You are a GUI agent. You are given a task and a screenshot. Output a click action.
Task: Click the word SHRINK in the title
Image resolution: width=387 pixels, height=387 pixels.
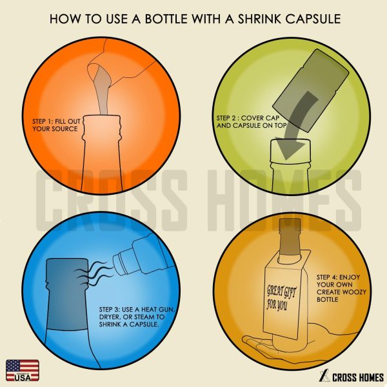point(260,19)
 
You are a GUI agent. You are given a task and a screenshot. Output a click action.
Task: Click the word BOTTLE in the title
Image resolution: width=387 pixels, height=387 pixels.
point(166,19)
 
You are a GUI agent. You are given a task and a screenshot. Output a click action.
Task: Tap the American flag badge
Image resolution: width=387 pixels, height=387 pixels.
point(23,370)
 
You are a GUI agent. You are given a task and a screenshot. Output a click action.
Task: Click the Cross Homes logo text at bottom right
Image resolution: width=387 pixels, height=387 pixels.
point(358,377)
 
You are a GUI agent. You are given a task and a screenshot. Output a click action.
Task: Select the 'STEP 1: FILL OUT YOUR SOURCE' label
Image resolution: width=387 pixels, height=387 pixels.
point(56,125)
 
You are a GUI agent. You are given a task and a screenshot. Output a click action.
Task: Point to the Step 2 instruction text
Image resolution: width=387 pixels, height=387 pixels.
point(252,122)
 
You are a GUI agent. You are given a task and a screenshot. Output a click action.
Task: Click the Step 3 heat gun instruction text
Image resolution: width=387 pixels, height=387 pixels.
point(137,317)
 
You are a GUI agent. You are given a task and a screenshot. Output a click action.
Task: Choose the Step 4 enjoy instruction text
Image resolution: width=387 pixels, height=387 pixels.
point(341,288)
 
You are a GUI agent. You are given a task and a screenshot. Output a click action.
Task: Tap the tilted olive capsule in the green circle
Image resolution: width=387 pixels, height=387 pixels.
point(311,90)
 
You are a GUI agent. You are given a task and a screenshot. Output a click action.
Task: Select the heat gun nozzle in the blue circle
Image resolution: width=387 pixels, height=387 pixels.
point(123,263)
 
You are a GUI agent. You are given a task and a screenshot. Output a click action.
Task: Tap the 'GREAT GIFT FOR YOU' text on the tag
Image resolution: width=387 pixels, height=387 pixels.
point(281,298)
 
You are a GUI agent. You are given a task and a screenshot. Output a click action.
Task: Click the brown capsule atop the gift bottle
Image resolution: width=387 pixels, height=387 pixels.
point(290,237)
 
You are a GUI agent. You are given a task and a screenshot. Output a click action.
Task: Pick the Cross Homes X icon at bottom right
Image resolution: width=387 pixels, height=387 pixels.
point(324,376)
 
